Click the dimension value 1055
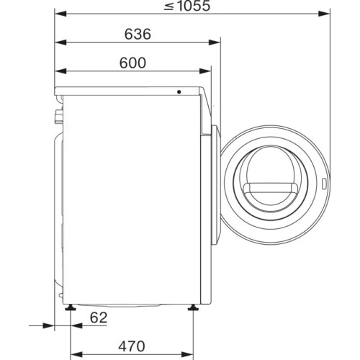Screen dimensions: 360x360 (x=194, y=6)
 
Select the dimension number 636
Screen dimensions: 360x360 (x=138, y=34)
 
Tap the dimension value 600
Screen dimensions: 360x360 (x=132, y=63)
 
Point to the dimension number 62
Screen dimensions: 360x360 (x=99, y=318)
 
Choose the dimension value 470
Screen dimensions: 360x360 (x=132, y=346)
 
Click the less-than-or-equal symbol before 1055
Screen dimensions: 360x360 (x=169, y=6)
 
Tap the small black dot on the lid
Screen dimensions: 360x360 (x=179, y=92)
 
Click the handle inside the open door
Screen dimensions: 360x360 (x=271, y=189)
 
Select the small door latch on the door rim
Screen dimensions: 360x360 (x=324, y=184)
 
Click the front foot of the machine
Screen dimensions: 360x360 (x=193, y=307)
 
